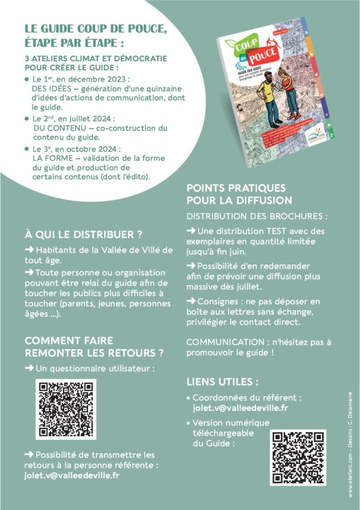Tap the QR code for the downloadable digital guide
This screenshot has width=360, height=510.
(x=298, y=457)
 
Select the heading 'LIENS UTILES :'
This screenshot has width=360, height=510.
(x=222, y=382)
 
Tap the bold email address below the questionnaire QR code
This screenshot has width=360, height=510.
(x=72, y=475)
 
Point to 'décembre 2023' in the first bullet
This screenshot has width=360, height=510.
(x=107, y=79)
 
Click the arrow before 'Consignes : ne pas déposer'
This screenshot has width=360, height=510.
(x=191, y=301)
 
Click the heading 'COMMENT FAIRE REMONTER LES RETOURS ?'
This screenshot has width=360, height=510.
(x=94, y=347)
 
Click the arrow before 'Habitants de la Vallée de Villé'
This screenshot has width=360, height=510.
(x=29, y=250)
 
